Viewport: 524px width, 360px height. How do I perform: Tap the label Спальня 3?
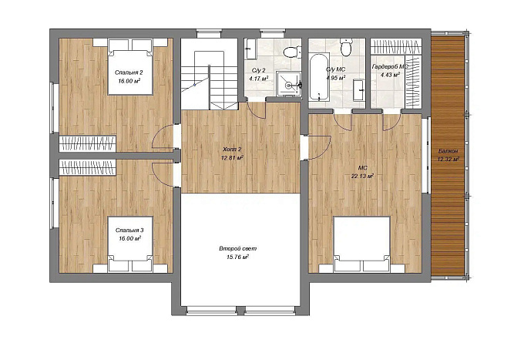(129, 230)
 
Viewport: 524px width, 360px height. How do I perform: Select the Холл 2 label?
(232, 150)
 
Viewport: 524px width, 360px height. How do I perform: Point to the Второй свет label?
(238, 249)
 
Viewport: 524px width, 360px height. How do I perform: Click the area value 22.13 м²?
(362, 176)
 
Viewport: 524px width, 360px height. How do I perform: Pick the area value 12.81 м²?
(232, 157)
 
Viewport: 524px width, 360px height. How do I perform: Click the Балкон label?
(448, 151)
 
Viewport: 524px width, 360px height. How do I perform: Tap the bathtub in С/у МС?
(318, 78)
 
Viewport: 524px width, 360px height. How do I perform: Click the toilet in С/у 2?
(291, 52)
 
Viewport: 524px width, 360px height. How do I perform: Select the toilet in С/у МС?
(345, 48)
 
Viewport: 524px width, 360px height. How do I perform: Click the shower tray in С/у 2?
(288, 84)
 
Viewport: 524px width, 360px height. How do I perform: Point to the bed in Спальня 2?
(130, 67)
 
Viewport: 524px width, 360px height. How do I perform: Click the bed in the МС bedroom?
(362, 244)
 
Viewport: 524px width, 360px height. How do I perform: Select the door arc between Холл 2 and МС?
(321, 149)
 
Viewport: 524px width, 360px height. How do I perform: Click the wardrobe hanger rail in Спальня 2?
(88, 143)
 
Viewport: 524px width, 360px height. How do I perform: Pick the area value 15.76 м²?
(238, 257)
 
